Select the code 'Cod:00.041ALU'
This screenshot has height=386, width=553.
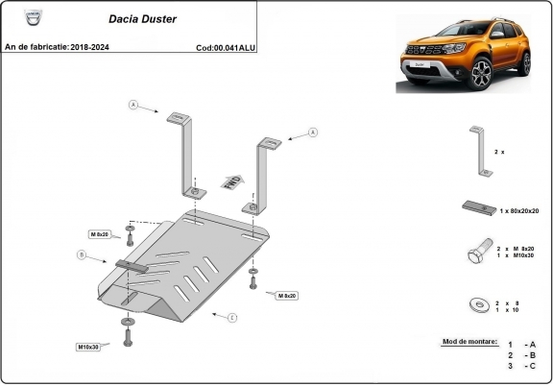pos(226,46)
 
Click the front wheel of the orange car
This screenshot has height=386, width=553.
pos(481,73)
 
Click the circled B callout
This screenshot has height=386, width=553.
pos(84,255)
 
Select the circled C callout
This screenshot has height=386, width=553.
pos(231,316)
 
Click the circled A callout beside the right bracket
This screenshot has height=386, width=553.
pos(313,132)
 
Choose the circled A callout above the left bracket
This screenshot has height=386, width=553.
pos(134,104)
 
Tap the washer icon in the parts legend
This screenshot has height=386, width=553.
pos(477,305)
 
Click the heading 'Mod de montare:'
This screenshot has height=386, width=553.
pos(469,341)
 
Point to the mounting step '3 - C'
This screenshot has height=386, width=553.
pos(521,366)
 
